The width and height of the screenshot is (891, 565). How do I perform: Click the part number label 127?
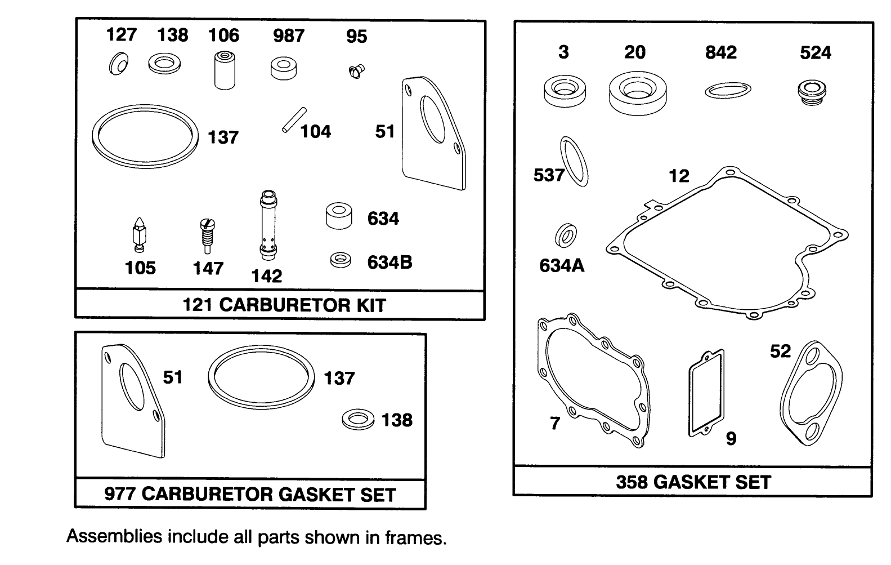tap(121, 34)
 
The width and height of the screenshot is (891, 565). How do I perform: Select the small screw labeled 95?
tap(355, 71)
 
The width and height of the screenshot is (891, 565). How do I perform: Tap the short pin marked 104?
tap(294, 120)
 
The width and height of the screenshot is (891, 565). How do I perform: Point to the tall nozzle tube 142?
tap(267, 225)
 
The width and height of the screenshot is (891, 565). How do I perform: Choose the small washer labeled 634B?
tap(341, 260)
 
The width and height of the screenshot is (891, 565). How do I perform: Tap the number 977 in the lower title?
tap(120, 495)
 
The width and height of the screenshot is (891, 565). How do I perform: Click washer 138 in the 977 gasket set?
tap(358, 420)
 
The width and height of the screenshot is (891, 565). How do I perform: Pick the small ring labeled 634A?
tap(566, 235)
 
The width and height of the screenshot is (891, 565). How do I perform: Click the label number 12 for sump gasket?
tap(678, 176)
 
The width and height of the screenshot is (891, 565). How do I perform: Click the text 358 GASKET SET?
tap(693, 482)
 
